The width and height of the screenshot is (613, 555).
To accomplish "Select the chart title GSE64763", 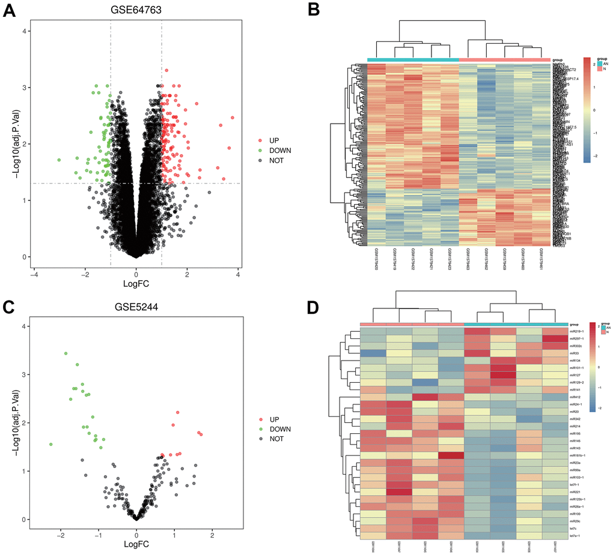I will (136, 10).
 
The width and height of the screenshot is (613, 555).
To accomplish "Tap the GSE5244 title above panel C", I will (136, 307).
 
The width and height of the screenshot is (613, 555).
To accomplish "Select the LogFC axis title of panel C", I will (136, 544).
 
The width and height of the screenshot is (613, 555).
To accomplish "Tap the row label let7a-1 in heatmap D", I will (578, 536).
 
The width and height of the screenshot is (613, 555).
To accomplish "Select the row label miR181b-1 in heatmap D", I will (579, 455).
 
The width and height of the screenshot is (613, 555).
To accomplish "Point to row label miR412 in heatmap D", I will (576, 397).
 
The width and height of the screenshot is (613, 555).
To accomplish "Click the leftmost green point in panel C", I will (50, 444).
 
